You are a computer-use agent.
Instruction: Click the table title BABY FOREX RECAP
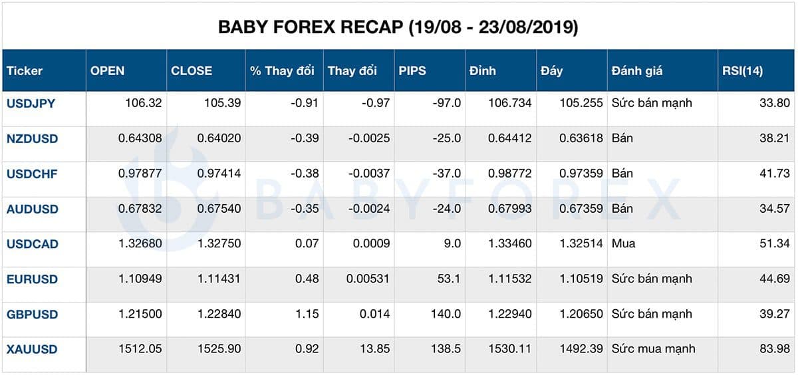coord(398,27)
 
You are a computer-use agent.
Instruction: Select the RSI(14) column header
coord(742,70)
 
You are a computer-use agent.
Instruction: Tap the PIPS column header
coord(412,70)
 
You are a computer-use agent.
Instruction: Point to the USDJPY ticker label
coord(32,103)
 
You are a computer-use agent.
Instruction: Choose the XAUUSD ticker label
coord(32,349)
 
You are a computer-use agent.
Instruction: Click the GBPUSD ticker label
coord(32,314)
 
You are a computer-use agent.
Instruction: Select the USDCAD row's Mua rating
coord(623,243)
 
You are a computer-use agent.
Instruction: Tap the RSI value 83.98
coord(774,349)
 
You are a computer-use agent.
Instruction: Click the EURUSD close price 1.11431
coord(219,279)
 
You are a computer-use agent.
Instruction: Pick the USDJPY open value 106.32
coord(143,103)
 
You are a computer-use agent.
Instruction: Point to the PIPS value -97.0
coord(445,103)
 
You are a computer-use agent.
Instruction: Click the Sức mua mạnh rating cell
coord(653,349)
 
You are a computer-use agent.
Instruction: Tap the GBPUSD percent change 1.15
coord(307,314)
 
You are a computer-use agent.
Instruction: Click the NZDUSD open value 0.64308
coord(140,138)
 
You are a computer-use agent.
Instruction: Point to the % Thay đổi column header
coord(282,70)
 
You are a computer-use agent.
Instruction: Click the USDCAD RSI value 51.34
coord(774,243)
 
